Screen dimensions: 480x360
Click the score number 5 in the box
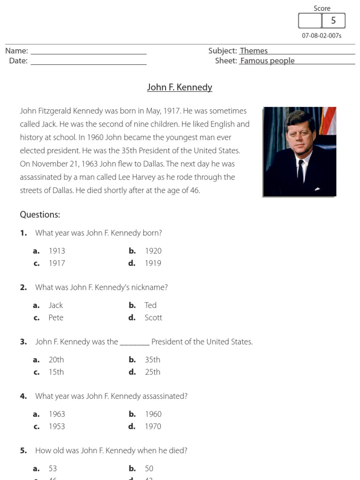click(333, 21)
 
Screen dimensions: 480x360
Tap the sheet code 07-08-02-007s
click(322, 36)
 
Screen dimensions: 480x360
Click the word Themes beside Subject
click(254, 51)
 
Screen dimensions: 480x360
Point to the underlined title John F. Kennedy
click(180, 87)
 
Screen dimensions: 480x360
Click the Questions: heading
click(40, 215)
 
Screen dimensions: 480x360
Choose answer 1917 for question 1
click(57, 263)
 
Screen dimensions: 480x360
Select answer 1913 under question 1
click(57, 251)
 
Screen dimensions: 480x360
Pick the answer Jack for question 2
click(55, 305)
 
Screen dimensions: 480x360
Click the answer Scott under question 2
click(153, 317)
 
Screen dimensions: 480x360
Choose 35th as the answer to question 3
click(152, 360)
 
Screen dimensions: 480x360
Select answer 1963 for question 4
click(57, 414)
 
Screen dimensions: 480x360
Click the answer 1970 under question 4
click(153, 426)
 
